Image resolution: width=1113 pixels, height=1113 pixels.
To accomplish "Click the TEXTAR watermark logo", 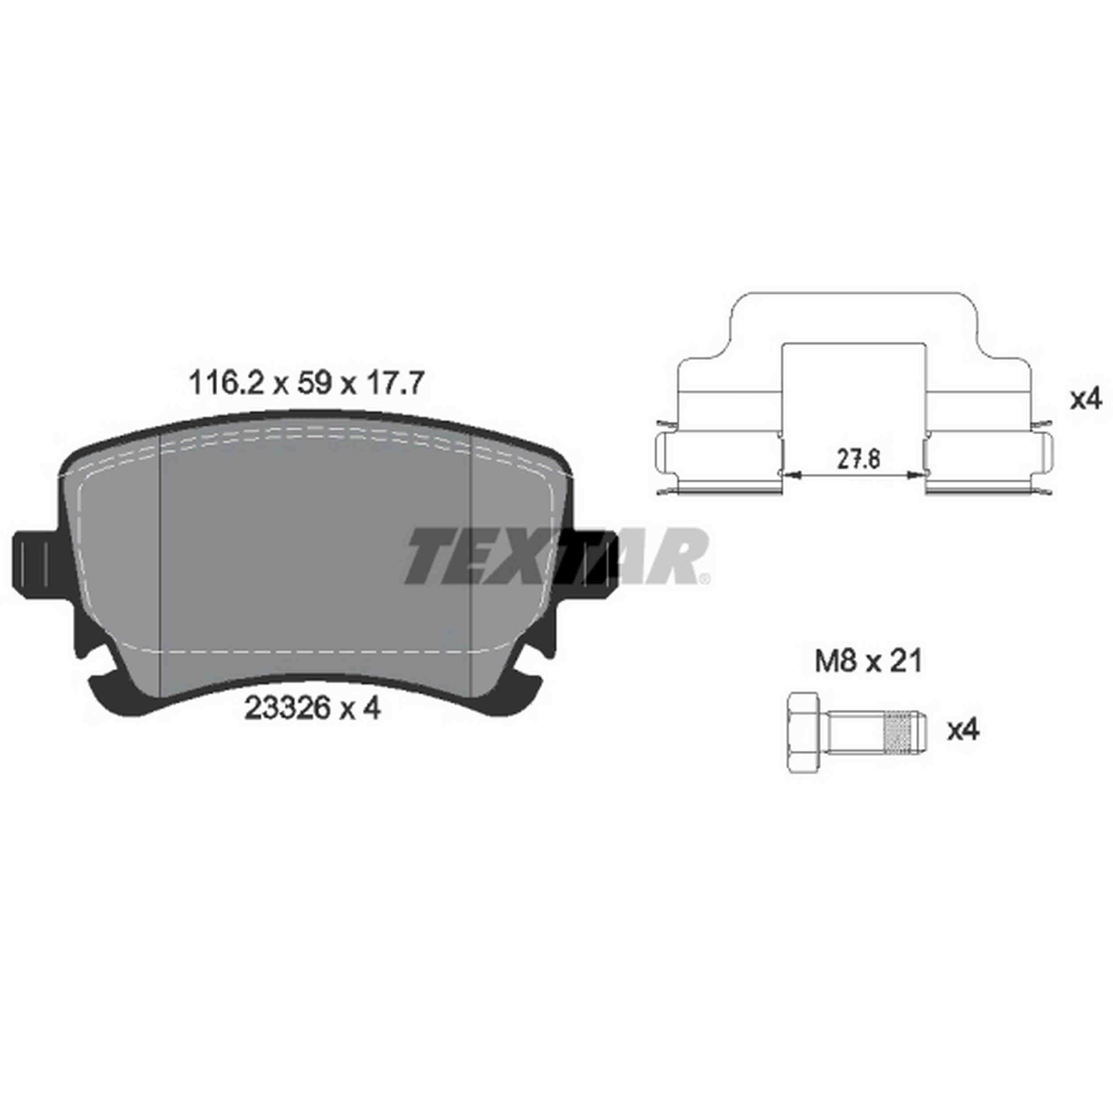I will tap(556, 556).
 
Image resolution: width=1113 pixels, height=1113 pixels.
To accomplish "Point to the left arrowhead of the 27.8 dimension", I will tap(793, 474).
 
